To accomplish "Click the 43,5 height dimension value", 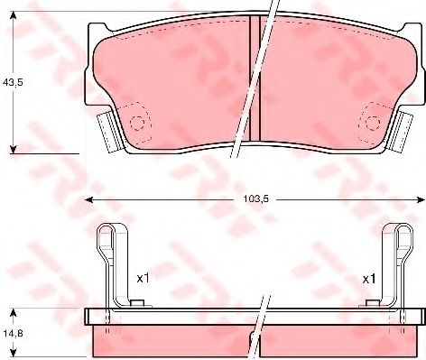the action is click(13, 82).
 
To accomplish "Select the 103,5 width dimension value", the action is click(255, 199).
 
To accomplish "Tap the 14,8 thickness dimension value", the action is click(13, 333).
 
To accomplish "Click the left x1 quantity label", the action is click(143, 279).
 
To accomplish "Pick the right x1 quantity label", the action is click(369, 280).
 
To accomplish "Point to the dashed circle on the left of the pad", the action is click(137, 123).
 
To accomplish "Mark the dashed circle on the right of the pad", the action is click(373, 123).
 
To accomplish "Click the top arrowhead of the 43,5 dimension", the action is click(13, 15).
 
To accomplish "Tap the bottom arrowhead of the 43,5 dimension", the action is click(13, 149).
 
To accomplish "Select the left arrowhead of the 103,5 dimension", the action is click(88, 199).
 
